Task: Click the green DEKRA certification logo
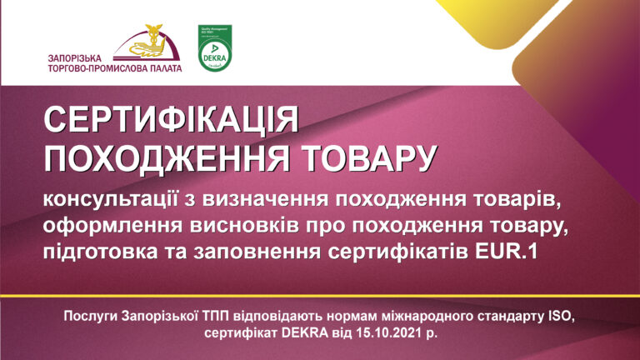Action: (x=214, y=49)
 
